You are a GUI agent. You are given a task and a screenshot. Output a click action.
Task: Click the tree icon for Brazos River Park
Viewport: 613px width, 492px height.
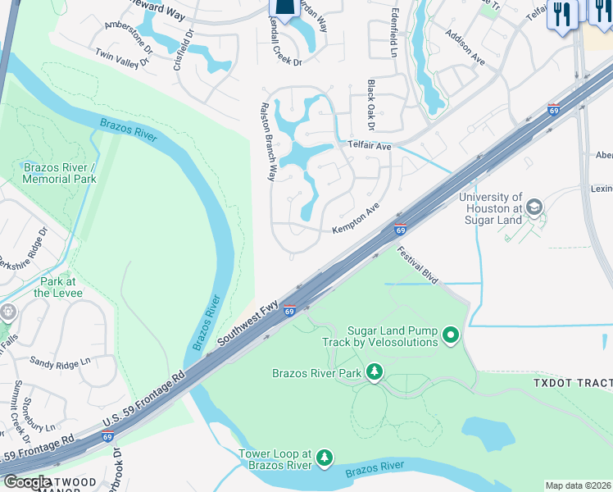pyautogui.click(x=375, y=372)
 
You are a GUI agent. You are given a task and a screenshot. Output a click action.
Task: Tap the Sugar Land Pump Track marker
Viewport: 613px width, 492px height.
pyautogui.click(x=450, y=335)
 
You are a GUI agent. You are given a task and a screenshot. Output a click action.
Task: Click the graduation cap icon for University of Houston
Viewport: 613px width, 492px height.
pyautogui.click(x=534, y=207)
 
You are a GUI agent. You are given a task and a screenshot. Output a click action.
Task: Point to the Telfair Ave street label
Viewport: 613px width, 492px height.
pyautogui.click(x=370, y=145)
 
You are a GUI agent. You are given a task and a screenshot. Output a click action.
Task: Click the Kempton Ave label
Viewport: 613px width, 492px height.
pyautogui.click(x=356, y=220)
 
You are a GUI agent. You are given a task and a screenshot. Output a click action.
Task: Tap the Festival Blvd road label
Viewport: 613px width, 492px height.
pyautogui.click(x=419, y=267)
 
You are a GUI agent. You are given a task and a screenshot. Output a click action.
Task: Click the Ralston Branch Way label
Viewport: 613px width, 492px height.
pyautogui.click(x=269, y=140)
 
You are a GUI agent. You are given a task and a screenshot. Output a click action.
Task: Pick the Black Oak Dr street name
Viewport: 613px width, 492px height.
pyautogui.click(x=370, y=105)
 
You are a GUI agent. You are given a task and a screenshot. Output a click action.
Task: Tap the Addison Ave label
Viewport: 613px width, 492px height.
pyautogui.click(x=465, y=48)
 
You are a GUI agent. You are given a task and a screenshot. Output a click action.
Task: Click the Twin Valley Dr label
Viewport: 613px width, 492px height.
pyautogui.click(x=123, y=56)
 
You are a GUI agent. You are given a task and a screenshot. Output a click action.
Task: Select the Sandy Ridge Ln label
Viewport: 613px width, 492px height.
pyautogui.click(x=60, y=361)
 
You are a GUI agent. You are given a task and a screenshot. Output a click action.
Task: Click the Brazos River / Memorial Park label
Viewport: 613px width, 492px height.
pyautogui.click(x=59, y=173)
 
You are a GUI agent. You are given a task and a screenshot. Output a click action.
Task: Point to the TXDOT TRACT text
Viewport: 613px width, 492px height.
pyautogui.click(x=572, y=383)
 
